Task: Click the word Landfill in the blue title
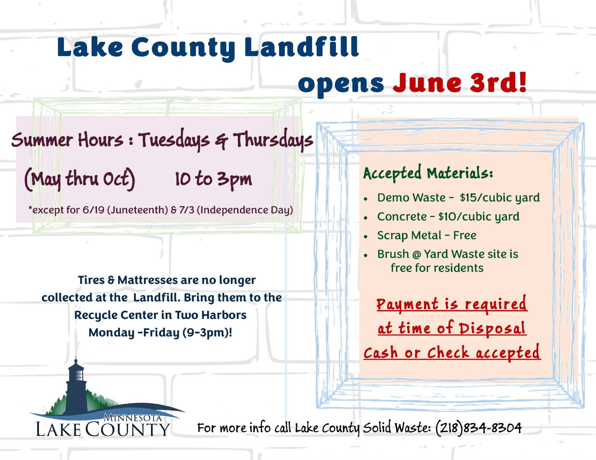(x=301, y=47)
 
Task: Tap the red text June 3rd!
(x=459, y=83)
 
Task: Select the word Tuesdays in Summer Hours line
(x=173, y=140)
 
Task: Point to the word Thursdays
(x=273, y=140)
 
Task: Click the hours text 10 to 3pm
(x=213, y=179)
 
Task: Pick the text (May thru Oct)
(x=80, y=179)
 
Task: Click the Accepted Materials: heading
(x=428, y=173)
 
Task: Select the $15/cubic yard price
(x=500, y=198)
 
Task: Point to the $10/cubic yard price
(x=478, y=217)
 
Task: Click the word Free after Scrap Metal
(x=464, y=235)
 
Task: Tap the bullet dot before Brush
(x=366, y=255)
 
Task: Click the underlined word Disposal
(x=492, y=328)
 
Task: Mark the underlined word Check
(x=448, y=352)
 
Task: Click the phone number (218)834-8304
(x=478, y=428)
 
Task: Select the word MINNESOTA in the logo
(x=133, y=417)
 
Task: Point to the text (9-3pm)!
(x=208, y=333)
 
